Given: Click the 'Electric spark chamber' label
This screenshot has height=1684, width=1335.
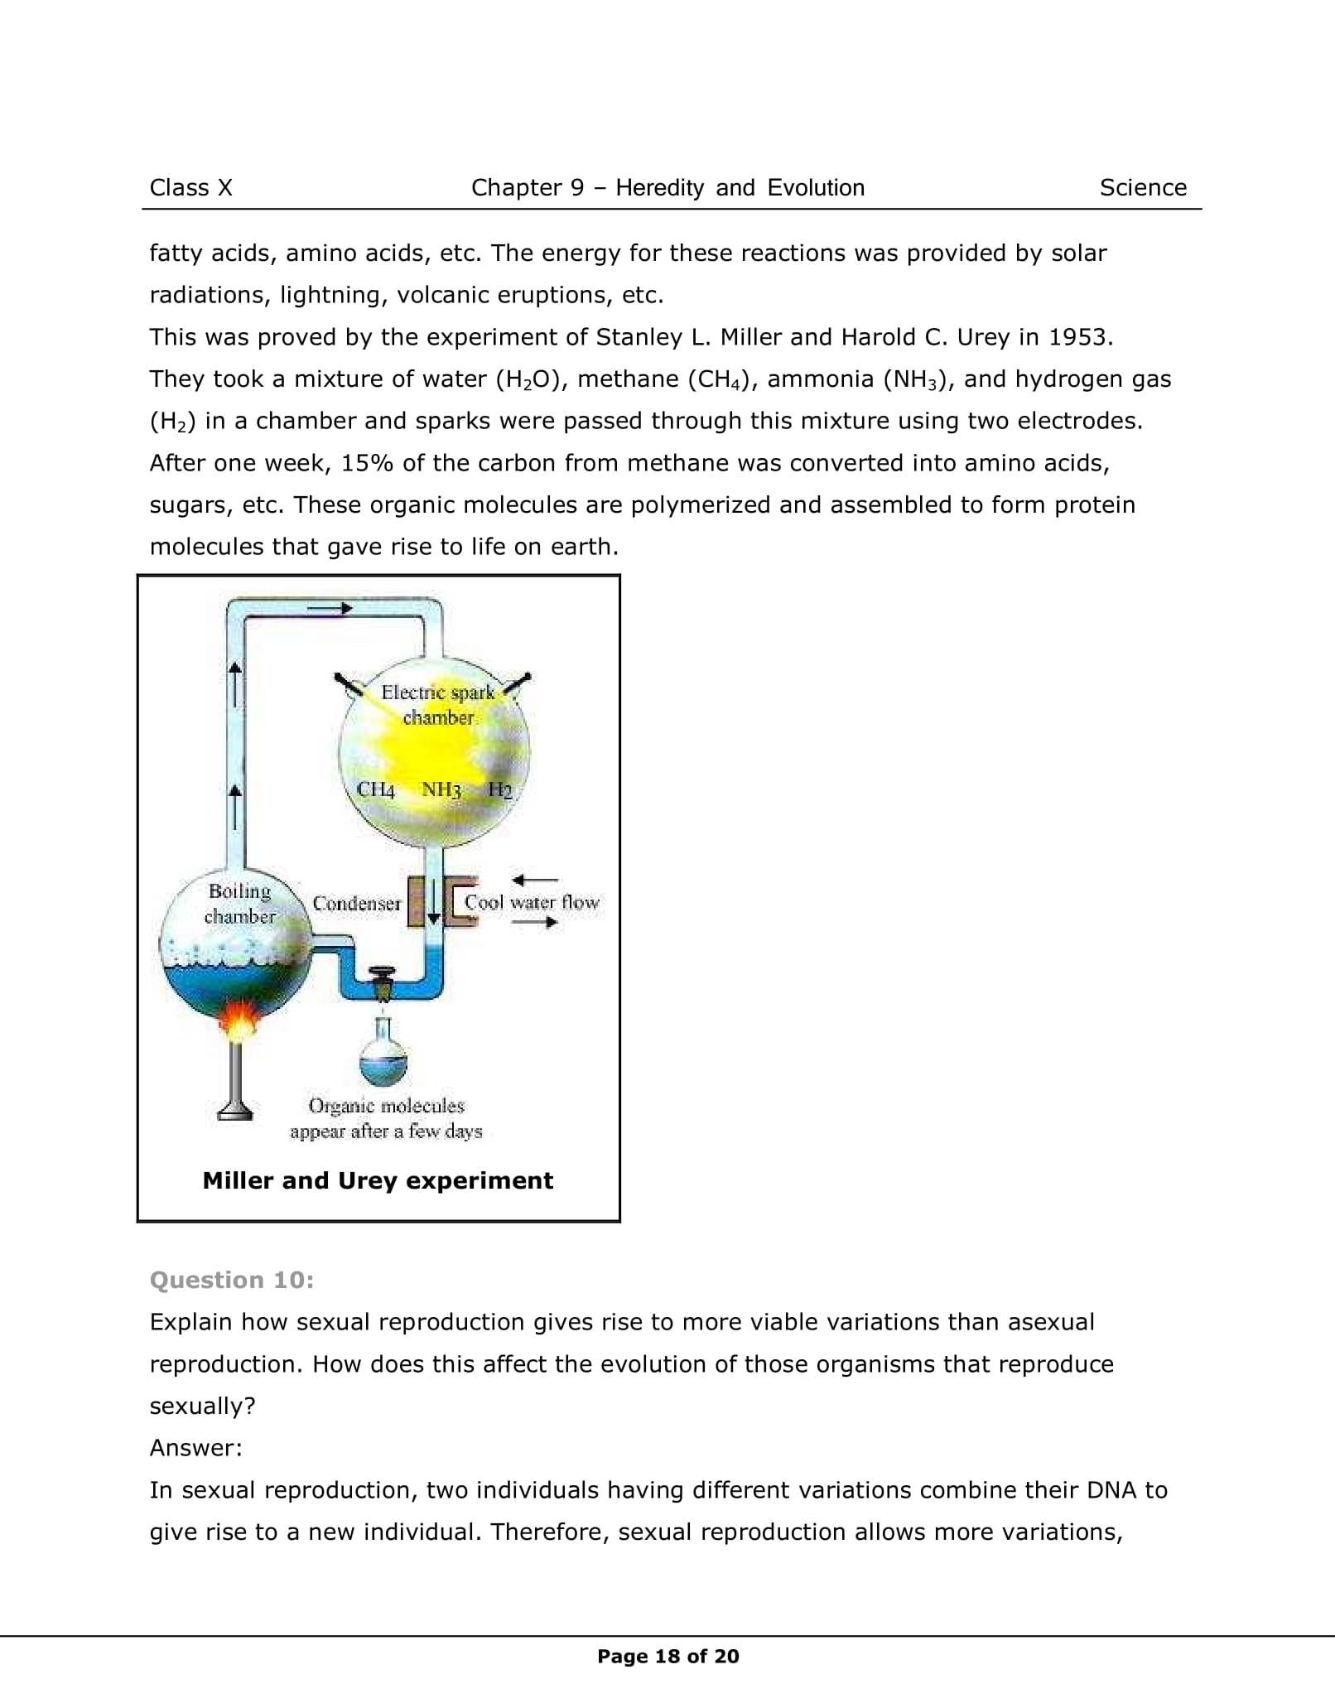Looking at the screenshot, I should coord(437,705).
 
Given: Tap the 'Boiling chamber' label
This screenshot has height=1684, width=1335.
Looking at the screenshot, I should coord(239,904).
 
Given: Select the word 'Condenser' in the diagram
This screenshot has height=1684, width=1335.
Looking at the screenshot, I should coord(356,903).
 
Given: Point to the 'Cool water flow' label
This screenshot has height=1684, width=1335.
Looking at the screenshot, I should coord(532,902).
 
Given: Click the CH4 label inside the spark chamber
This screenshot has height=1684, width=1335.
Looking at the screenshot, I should coord(375,789).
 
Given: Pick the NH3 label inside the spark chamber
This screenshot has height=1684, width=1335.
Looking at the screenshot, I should coord(441,789).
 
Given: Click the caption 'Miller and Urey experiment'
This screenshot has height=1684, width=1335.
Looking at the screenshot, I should coord(378,1180).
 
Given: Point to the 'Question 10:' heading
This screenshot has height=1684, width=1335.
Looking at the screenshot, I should coord(232,1280).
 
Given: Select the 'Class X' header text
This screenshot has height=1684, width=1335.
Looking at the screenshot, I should coord(190,188).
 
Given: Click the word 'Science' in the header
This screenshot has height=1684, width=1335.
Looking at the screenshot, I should coord(1143,188).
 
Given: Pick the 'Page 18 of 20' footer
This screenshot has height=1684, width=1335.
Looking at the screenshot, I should coord(667,1656).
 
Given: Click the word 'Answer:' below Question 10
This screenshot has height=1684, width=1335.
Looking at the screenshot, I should coord(195,1448).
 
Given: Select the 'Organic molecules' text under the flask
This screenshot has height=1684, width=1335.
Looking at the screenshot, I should coord(386,1106).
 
